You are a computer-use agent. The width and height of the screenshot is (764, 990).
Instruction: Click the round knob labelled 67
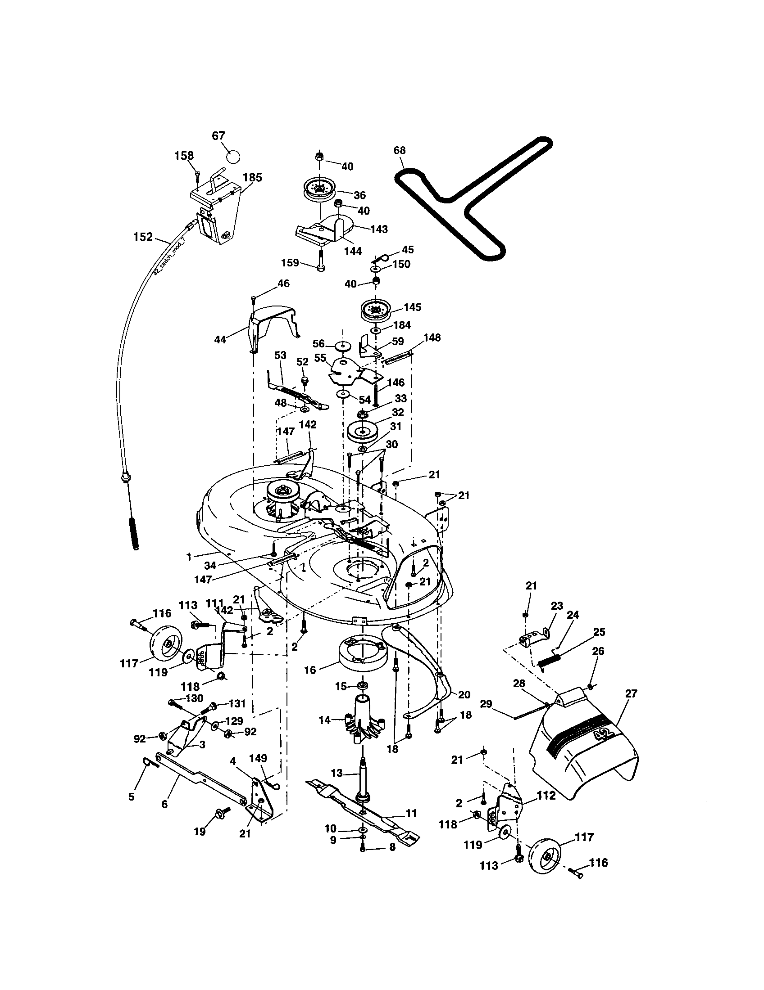coord(233,157)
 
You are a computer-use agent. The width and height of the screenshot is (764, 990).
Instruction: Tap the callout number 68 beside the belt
coord(400,150)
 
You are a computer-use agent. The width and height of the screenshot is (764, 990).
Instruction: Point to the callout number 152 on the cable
coord(143,237)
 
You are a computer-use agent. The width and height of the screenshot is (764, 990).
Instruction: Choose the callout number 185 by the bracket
coord(252,177)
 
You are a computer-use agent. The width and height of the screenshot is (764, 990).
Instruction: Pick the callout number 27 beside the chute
coord(631,693)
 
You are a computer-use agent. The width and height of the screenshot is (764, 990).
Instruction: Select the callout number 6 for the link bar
coord(164,804)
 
